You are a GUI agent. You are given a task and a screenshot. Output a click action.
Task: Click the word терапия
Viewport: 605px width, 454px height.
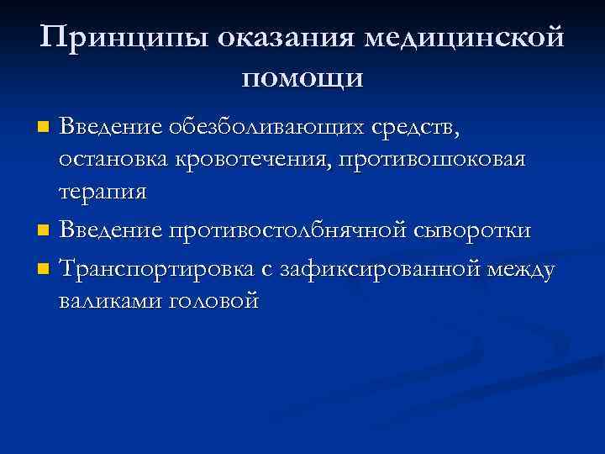click(103, 192)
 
